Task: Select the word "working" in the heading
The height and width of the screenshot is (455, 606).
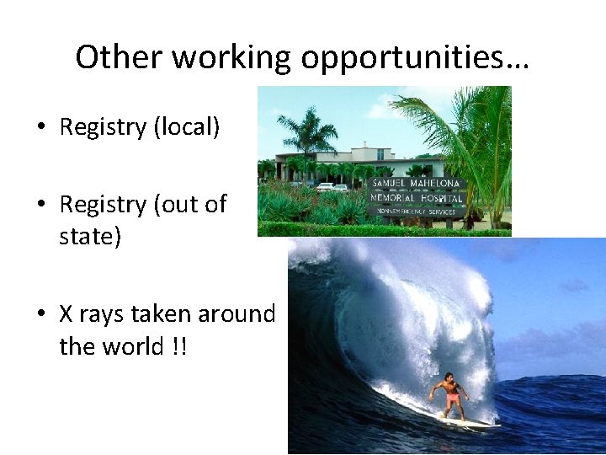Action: (230, 57)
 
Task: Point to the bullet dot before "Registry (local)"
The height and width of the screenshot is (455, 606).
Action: (40, 128)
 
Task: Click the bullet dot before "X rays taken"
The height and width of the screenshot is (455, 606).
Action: (40, 315)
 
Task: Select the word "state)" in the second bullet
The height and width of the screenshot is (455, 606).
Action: (90, 237)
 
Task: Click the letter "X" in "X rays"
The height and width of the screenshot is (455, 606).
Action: (66, 314)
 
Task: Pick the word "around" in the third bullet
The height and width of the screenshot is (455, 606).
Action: (236, 314)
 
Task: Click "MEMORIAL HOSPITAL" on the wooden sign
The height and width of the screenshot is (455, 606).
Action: (417, 199)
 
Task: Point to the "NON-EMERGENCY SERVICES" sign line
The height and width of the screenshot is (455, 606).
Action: (416, 212)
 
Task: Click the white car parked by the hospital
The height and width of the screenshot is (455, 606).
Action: (324, 187)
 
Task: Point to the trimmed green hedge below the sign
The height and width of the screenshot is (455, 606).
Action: (379, 228)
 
